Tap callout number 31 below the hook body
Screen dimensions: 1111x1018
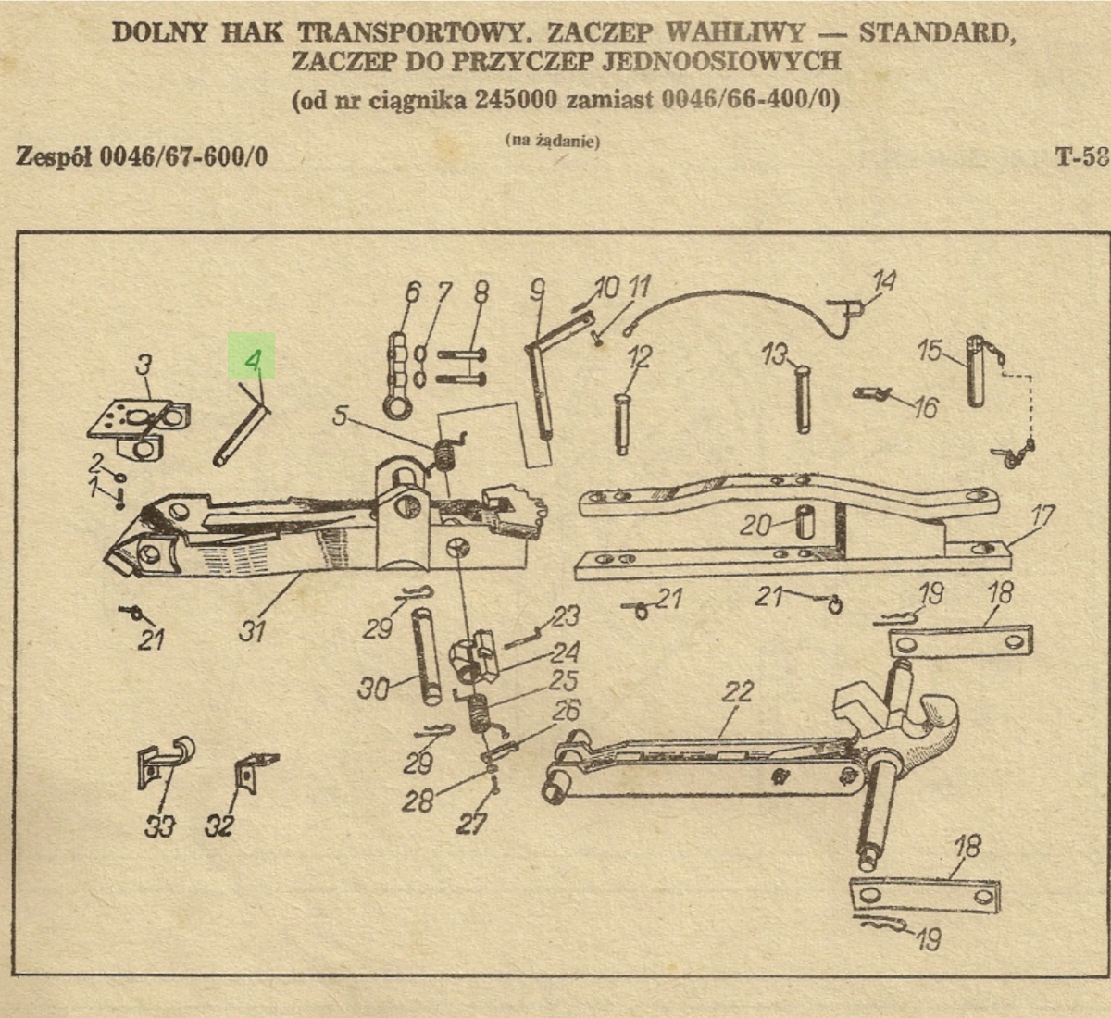click(253, 630)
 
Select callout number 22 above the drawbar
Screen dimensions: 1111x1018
click(738, 692)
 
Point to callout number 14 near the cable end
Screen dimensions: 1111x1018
click(884, 280)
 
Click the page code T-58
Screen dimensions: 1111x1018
click(1081, 155)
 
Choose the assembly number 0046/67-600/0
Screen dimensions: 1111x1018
click(183, 155)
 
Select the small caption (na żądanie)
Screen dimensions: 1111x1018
click(553, 141)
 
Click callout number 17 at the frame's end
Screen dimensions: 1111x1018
click(1042, 516)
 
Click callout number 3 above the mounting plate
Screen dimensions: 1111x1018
click(144, 364)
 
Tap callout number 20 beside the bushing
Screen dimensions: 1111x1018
click(756, 525)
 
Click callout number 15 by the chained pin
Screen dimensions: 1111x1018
click(930, 352)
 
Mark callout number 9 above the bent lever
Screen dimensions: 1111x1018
click(538, 292)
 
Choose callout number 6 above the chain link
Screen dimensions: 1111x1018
click(412, 293)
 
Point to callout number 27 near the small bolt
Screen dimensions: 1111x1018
click(471, 823)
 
